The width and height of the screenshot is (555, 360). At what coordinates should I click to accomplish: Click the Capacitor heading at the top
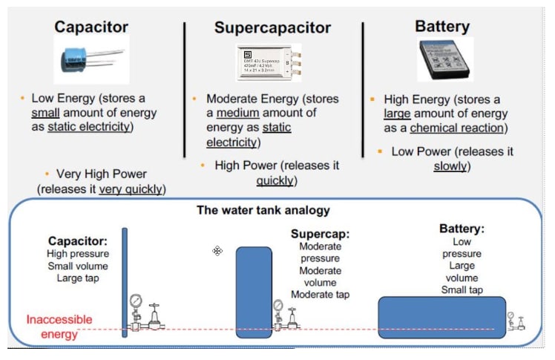[92, 27]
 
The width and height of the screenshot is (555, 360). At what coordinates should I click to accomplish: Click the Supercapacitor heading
[272, 28]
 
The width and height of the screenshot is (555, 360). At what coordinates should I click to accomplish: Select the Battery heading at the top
[442, 27]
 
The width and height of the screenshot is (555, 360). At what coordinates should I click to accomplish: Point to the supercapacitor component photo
[269, 62]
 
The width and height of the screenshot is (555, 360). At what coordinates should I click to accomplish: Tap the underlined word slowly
[450, 166]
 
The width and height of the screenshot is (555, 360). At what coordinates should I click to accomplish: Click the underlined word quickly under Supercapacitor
[275, 180]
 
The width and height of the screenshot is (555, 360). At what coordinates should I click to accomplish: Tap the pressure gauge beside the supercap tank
[277, 305]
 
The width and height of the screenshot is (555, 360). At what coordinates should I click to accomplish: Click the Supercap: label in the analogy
[320, 234]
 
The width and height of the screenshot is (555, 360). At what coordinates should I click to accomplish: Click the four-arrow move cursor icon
[217, 251]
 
